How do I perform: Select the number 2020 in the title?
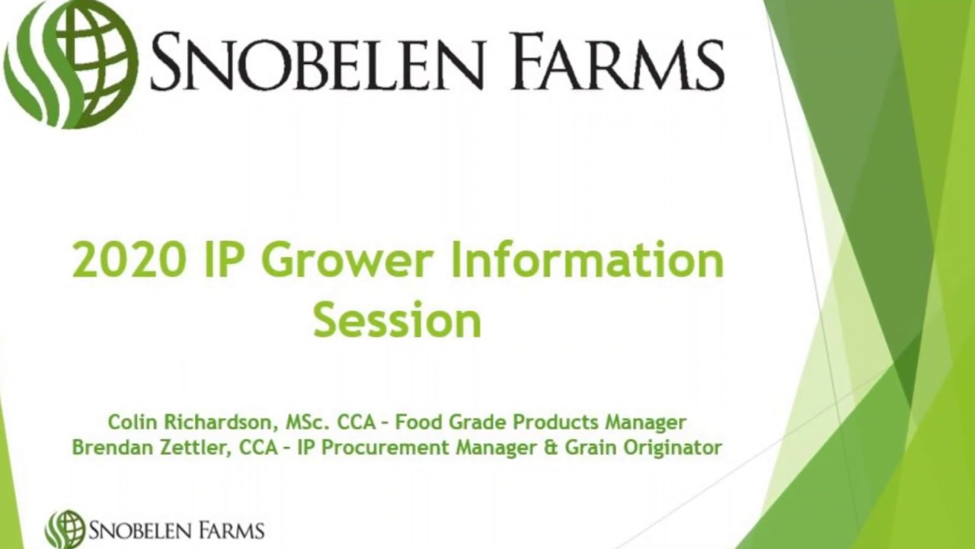coord(129,260)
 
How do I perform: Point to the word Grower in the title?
coord(350,260)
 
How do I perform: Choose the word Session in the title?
coord(397,320)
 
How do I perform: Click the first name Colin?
coord(131,422)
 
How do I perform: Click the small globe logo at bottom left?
coord(66,529)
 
